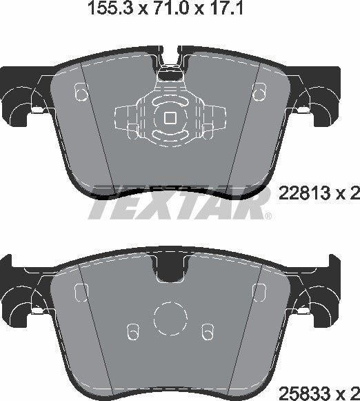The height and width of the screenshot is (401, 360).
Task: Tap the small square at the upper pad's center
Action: coord(170,117)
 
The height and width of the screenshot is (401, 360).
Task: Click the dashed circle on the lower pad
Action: coord(170,319)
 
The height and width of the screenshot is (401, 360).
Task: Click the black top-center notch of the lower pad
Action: coord(170,272)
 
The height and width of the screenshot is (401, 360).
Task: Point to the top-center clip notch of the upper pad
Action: coord(170,70)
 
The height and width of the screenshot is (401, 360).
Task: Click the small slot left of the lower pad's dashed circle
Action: coord(135,332)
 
